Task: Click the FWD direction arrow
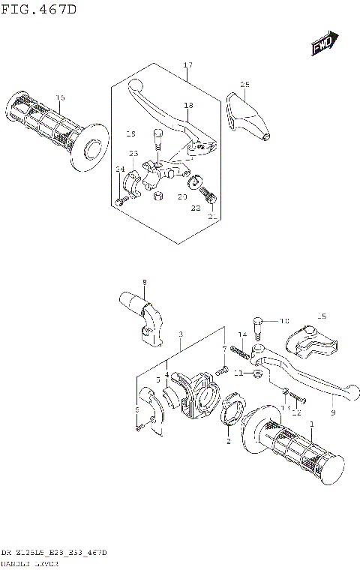(x=324, y=44)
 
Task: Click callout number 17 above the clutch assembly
(x=188, y=66)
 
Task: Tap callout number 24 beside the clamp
(x=119, y=169)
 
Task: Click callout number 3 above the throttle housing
(x=180, y=334)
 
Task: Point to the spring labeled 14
(x=239, y=349)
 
